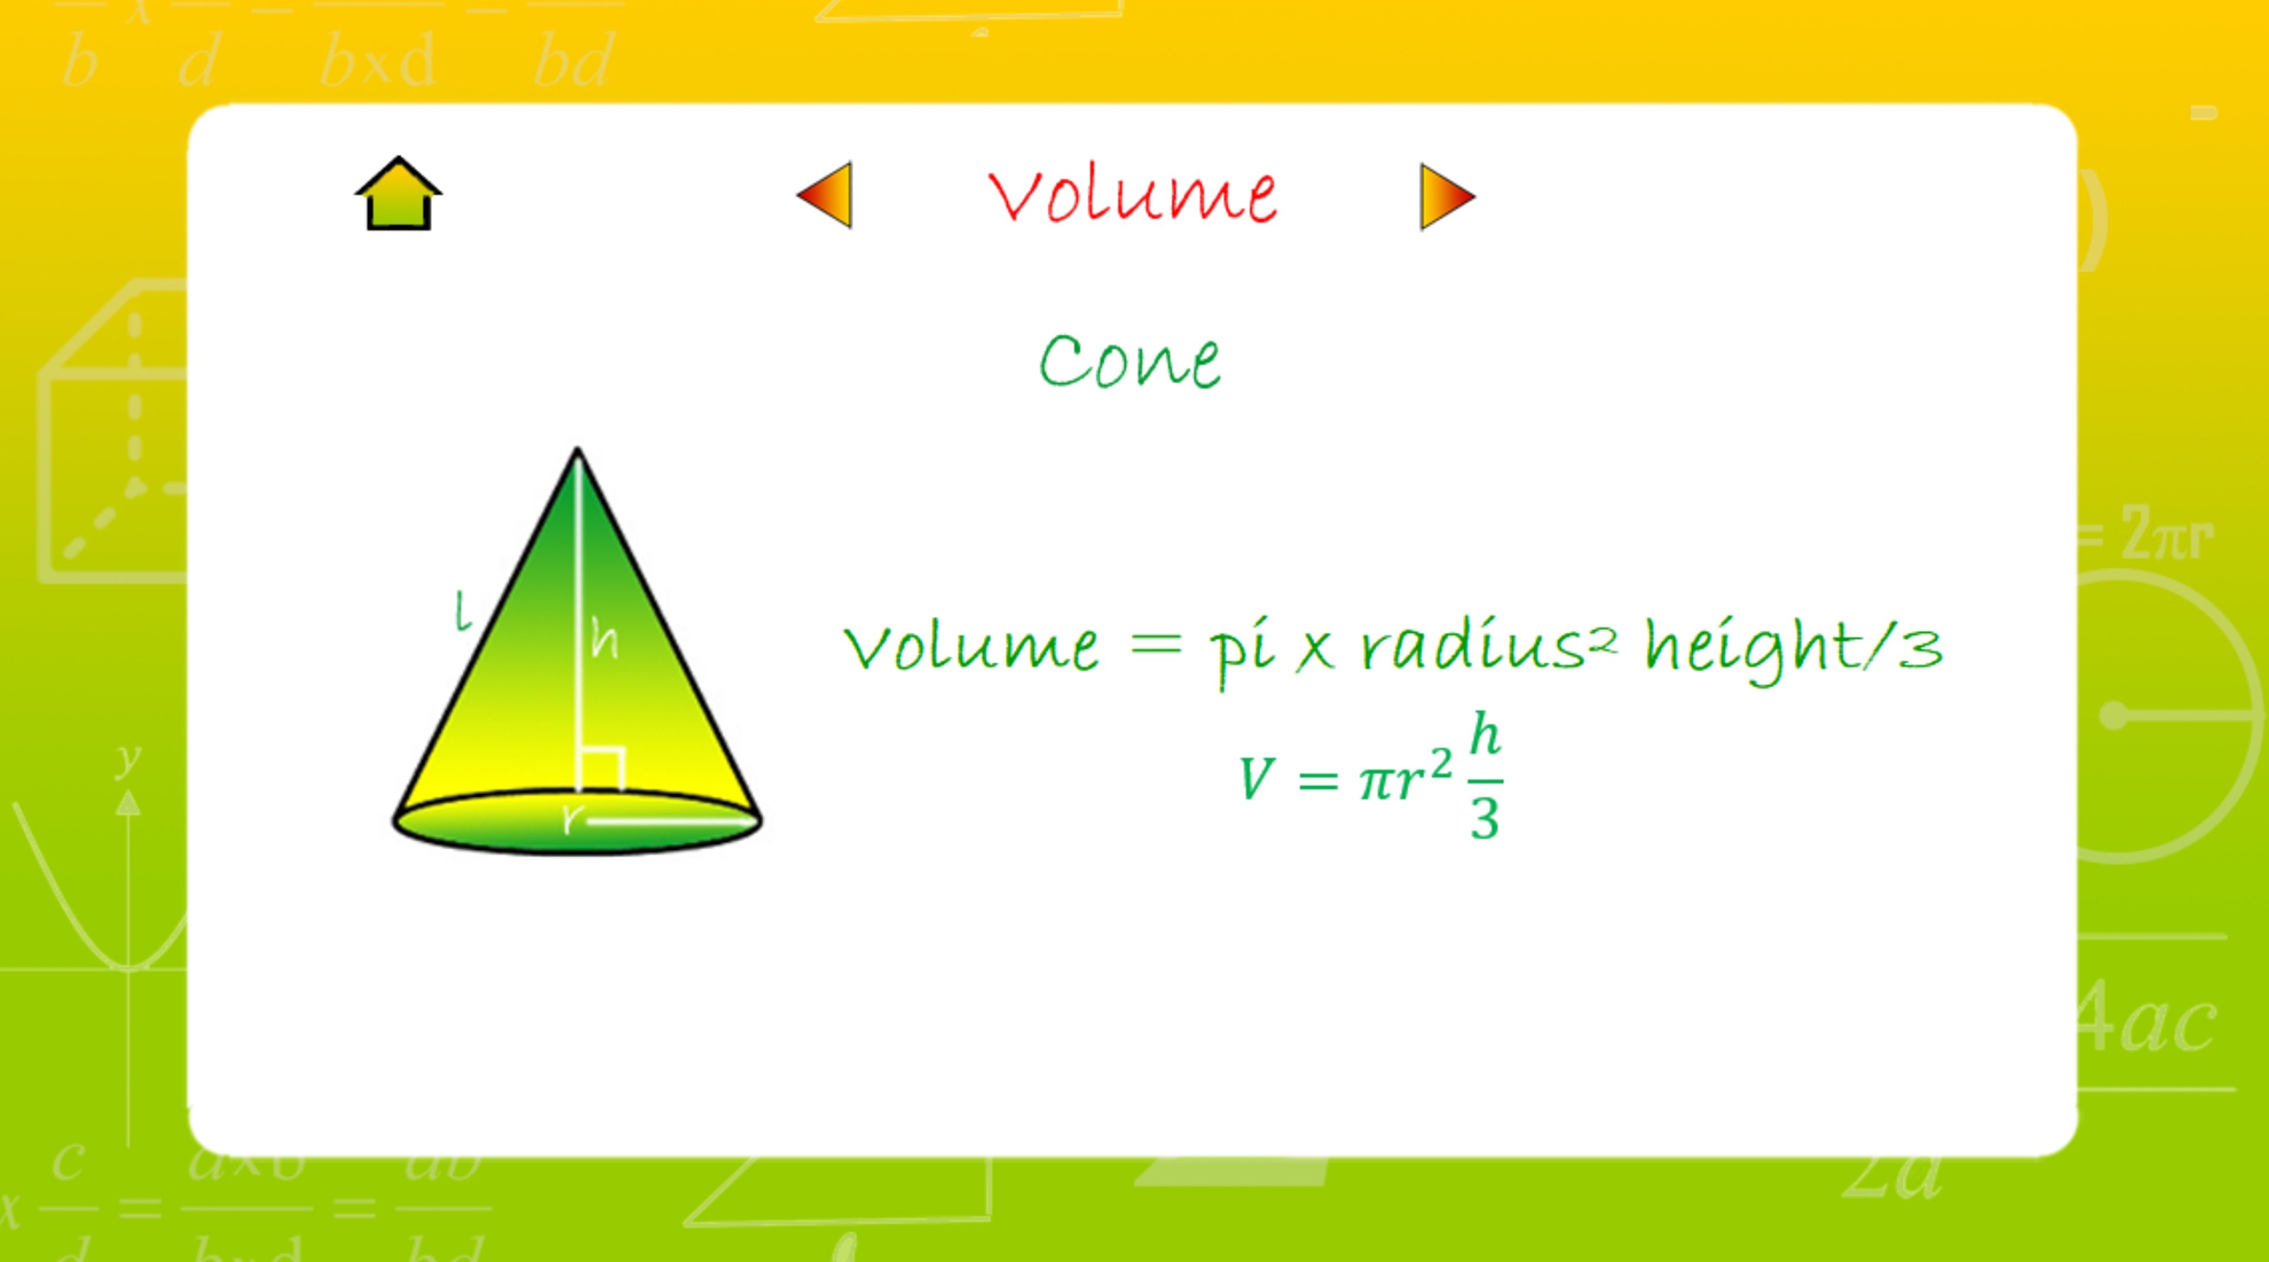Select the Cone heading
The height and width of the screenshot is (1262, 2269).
tap(1130, 361)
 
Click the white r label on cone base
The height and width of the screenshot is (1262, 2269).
tap(573, 818)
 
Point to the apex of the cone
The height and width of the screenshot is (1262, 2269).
tap(577, 449)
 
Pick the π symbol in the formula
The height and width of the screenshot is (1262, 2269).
tap(1379, 782)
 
